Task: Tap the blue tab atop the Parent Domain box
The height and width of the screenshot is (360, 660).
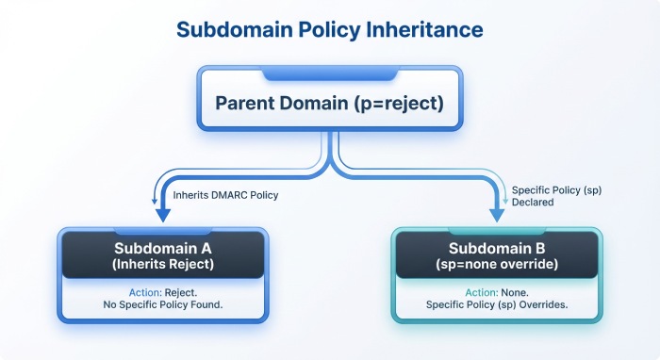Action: [329, 73]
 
